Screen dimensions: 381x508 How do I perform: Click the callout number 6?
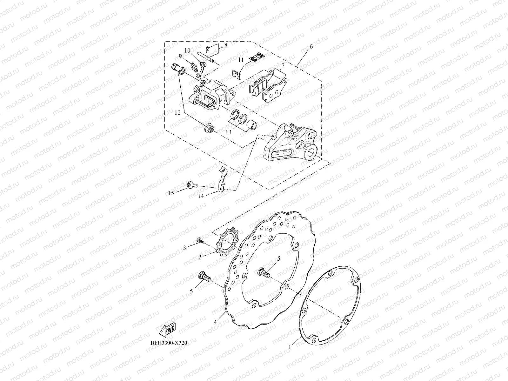coord(311,47)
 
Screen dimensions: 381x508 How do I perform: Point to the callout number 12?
coord(177,112)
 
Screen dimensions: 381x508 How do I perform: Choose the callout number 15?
coord(171,193)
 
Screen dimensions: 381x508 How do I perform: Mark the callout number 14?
coord(201,196)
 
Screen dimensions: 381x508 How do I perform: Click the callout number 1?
coord(290,347)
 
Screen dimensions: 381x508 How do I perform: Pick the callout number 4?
coord(215,322)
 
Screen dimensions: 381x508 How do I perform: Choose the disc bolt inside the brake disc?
coord(263,271)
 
